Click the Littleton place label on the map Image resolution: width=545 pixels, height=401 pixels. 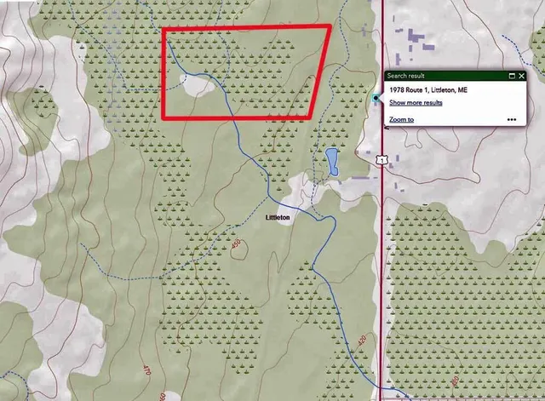click(278, 218)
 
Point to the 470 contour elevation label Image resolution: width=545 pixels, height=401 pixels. click(145, 371)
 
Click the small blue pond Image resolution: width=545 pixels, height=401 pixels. click(331, 161)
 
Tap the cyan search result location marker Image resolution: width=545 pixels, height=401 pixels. click(376, 99)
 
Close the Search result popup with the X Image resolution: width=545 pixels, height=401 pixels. click(522, 76)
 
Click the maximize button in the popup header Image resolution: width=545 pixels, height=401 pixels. click(512, 76)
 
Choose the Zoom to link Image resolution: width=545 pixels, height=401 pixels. click(401, 120)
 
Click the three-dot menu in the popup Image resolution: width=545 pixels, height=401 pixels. click(511, 120)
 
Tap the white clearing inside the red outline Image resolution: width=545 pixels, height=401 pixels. click(198, 83)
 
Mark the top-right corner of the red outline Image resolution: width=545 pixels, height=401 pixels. click(329, 27)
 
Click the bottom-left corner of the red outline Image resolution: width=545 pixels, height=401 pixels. click(163, 119)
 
